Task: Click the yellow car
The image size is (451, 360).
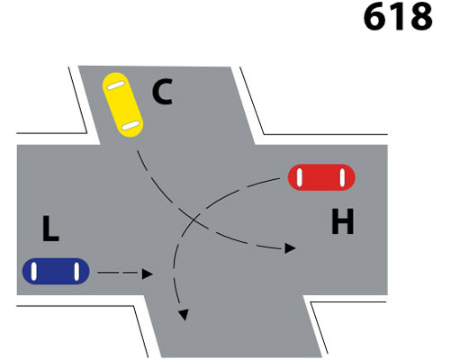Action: click(x=122, y=105)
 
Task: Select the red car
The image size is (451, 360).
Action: click(x=321, y=177)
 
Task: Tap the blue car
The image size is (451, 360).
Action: click(x=56, y=271)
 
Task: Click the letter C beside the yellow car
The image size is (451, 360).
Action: click(x=162, y=92)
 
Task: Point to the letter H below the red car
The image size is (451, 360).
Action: click(x=343, y=221)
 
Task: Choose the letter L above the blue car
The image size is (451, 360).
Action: click(x=50, y=229)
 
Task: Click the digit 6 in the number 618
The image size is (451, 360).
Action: click(x=374, y=16)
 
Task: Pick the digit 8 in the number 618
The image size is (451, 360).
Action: click(x=420, y=16)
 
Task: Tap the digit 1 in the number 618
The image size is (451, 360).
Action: click(x=399, y=17)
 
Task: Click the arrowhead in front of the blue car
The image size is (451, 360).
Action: click(x=147, y=274)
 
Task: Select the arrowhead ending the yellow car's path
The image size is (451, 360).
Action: click(x=290, y=248)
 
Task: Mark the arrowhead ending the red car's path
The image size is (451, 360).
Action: click(x=184, y=315)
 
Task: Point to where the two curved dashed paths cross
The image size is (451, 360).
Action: click(x=194, y=220)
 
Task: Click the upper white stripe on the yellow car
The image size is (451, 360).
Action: click(x=116, y=85)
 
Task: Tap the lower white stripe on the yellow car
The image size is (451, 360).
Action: click(x=131, y=125)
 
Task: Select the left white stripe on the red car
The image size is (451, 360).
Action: click(x=299, y=177)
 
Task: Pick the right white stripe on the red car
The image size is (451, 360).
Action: click(x=342, y=177)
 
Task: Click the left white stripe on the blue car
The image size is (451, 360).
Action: click(x=34, y=271)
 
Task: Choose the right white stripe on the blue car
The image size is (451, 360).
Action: click(x=77, y=271)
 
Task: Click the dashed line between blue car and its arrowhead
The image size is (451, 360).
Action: click(x=120, y=273)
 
